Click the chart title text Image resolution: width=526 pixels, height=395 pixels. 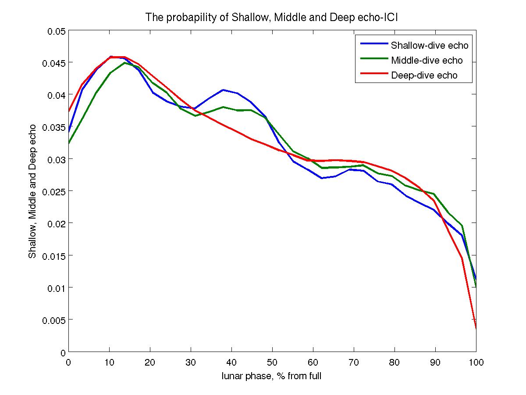272,18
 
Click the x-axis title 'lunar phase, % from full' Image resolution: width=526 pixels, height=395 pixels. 272,376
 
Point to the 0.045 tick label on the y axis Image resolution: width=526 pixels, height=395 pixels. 54,63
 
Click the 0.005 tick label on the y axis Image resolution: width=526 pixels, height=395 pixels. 54,320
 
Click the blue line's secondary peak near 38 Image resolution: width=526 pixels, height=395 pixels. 223,90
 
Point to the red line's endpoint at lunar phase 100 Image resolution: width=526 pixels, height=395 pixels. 476,328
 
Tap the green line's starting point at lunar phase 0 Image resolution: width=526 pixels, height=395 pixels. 69,143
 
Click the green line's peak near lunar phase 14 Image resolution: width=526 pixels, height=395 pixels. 124,63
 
